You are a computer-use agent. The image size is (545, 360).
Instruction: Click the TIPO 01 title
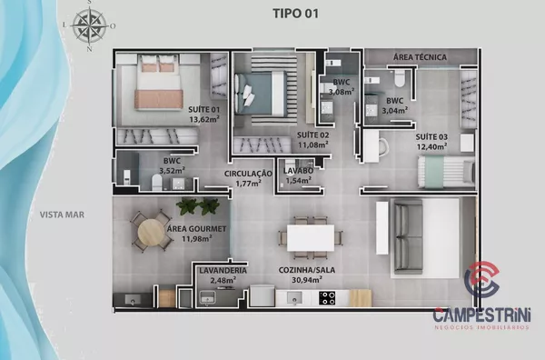pos(295,14)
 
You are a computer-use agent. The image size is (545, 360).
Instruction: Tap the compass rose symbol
pos(90,25)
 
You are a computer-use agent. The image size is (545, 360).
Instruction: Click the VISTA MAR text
pos(62,215)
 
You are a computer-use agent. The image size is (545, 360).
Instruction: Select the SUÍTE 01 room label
pos(204,110)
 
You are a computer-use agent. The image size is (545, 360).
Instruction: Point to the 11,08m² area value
pos(312,145)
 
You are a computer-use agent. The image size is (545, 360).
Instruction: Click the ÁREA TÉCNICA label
pos(420,56)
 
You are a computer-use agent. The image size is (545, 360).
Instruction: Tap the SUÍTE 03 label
pos(431,137)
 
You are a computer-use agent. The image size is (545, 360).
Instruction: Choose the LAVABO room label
pos(298,171)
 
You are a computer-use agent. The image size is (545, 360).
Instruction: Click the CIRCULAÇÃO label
pos(248,174)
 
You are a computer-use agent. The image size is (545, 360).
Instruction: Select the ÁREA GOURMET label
pos(197,229)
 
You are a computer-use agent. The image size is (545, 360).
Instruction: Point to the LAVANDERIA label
pos(223,271)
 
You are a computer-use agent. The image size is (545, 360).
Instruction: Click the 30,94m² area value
pos(307,279)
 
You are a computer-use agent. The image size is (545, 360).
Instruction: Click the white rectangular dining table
pos(311,238)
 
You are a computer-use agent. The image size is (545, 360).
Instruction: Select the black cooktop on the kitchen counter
pos(327,298)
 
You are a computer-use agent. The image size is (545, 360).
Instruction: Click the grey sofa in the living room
pos(408,236)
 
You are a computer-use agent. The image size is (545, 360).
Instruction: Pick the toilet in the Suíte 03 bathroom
pos(399,79)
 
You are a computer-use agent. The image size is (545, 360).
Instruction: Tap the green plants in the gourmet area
pos(198,206)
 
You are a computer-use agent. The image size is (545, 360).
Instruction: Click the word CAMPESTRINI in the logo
pos(481,315)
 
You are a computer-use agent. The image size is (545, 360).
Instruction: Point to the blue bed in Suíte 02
pos(261,94)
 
